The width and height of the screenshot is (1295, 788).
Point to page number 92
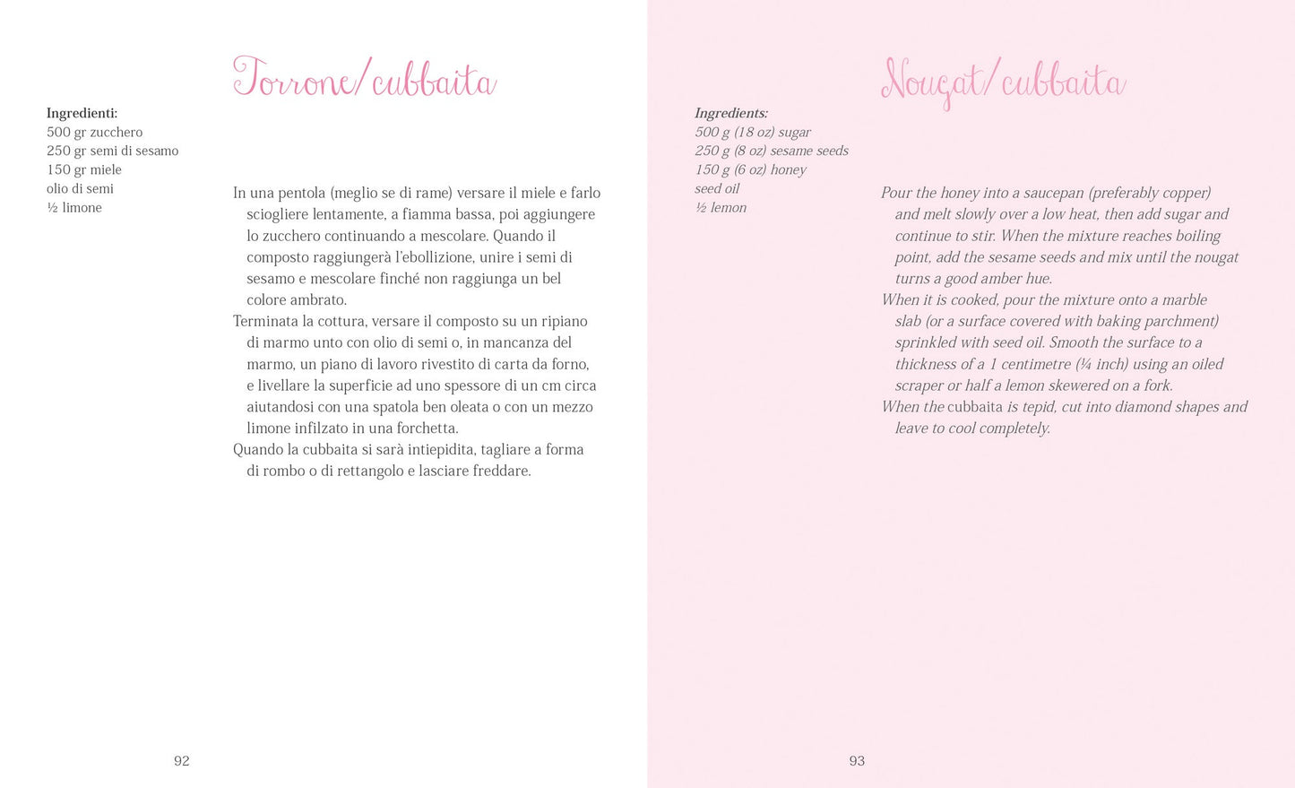(182, 761)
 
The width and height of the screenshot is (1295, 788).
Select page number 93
(857, 761)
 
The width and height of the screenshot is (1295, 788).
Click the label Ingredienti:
(82, 113)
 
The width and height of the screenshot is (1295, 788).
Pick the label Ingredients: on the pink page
(731, 113)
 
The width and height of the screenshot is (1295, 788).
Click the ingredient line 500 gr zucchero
(95, 132)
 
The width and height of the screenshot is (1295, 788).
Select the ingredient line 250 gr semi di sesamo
(113, 151)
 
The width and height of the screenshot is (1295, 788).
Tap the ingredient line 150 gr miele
(84, 169)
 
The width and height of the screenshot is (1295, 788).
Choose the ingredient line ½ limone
(74, 207)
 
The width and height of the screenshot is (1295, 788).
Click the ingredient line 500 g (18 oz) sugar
(753, 132)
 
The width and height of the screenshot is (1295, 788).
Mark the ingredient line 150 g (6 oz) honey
(751, 169)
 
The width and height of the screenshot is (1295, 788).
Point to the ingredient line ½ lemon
(721, 207)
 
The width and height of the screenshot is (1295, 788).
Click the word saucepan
(1040, 193)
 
